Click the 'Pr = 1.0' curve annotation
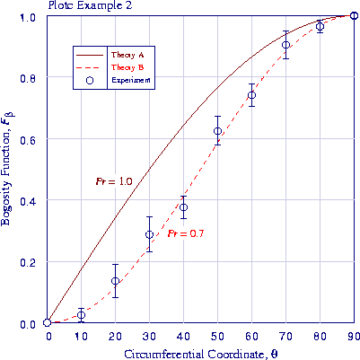pyautogui.click(x=114, y=182)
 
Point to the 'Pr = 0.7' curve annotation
pyautogui.click(x=186, y=234)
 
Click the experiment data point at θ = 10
pyautogui.click(x=81, y=315)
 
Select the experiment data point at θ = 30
pyautogui.click(x=150, y=234)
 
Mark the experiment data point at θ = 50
pyautogui.click(x=217, y=132)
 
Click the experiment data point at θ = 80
pyautogui.click(x=320, y=27)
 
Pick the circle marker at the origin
pyautogui.click(x=47, y=323)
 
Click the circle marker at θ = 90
pyautogui.click(x=354, y=15)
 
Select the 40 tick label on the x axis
pyautogui.click(x=183, y=335)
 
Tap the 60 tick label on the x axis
pyautogui.click(x=251, y=335)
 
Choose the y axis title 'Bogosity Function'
pyautogui.click(x=8, y=170)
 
